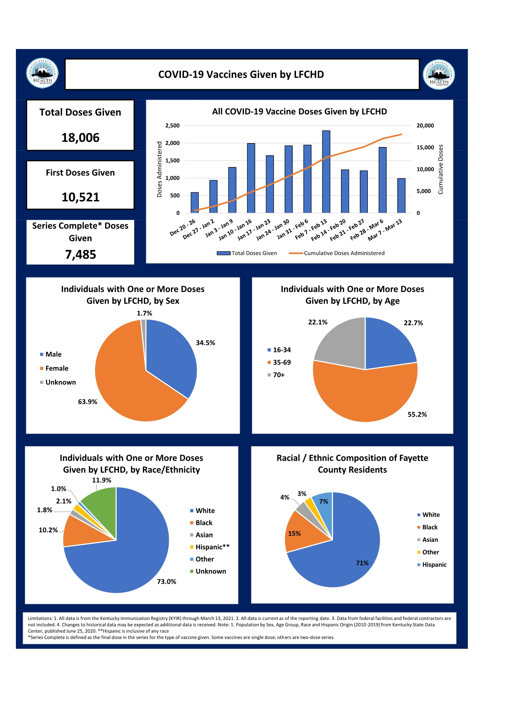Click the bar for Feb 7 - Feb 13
click(x=326, y=172)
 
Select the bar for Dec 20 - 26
click(x=195, y=202)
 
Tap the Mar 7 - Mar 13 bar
click(x=401, y=195)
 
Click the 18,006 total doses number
click(x=81, y=137)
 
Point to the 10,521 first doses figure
click(x=81, y=197)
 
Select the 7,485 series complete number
click(x=81, y=254)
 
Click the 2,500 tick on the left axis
click(x=172, y=126)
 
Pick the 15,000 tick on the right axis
click(x=425, y=147)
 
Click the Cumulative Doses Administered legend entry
click(x=337, y=253)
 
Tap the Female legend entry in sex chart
click(x=54, y=368)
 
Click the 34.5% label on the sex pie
click(x=205, y=343)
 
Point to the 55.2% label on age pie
click(x=417, y=414)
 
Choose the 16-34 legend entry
click(x=279, y=350)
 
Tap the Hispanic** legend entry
click(x=210, y=547)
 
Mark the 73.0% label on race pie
click(x=166, y=582)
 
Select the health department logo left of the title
click(x=42, y=73)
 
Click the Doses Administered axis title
click(x=159, y=169)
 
